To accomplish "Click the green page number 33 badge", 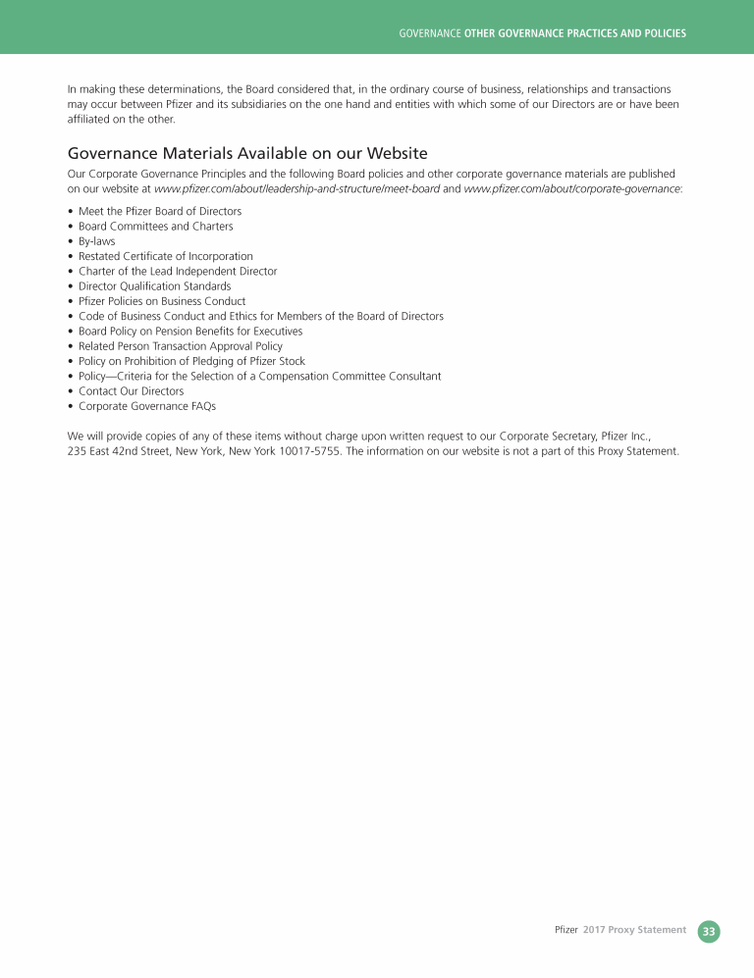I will (x=709, y=931).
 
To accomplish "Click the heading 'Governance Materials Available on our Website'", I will (x=246, y=153).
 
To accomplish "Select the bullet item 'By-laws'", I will (x=96, y=241).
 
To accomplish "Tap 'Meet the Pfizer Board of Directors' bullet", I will (x=160, y=211).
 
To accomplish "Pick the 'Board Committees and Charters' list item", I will (x=155, y=227).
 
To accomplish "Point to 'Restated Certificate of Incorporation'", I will (x=165, y=256).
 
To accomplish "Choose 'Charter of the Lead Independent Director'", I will (x=178, y=272).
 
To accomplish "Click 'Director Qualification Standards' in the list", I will (x=154, y=286).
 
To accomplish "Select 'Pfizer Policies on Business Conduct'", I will (x=162, y=301).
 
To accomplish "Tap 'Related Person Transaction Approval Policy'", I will (x=180, y=346).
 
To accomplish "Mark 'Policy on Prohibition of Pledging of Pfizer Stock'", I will (x=191, y=361).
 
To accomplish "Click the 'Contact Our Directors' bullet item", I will (x=131, y=391).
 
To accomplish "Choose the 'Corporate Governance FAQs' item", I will (x=147, y=406).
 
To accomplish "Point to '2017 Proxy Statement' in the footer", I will (x=634, y=930).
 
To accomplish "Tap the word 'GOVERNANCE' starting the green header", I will (x=430, y=33).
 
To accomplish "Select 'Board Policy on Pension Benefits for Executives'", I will (x=189, y=332).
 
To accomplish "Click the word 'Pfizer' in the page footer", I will (x=565, y=930).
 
